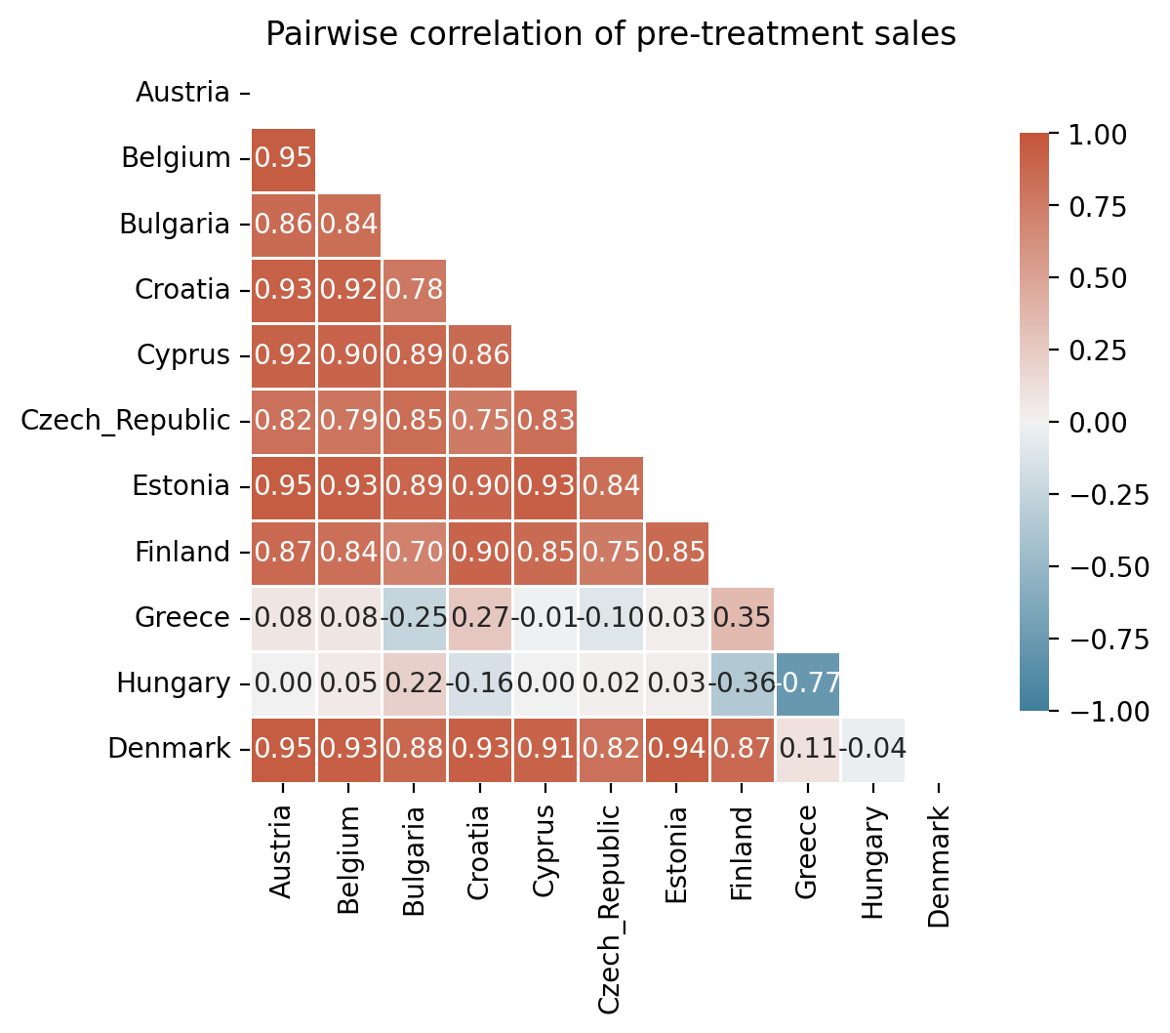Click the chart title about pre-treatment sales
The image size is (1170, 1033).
click(x=610, y=35)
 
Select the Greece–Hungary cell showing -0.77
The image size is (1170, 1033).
click(x=807, y=683)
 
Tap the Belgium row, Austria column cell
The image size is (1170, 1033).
click(x=283, y=159)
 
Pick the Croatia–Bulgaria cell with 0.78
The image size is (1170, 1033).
click(x=414, y=290)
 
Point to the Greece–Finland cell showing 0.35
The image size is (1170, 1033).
click(x=742, y=618)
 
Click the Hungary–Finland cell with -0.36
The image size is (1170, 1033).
click(x=742, y=683)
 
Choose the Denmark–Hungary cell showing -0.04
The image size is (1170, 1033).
click(x=872, y=749)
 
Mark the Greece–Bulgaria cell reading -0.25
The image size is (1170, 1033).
click(x=414, y=618)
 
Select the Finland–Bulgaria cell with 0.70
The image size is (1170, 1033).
click(x=414, y=553)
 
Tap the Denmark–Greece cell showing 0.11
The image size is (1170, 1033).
click(x=807, y=749)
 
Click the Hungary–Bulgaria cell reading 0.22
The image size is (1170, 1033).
click(x=414, y=683)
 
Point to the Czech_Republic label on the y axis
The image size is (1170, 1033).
click(x=126, y=421)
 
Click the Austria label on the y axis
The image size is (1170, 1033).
click(x=182, y=93)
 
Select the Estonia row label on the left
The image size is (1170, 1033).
click(x=181, y=486)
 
